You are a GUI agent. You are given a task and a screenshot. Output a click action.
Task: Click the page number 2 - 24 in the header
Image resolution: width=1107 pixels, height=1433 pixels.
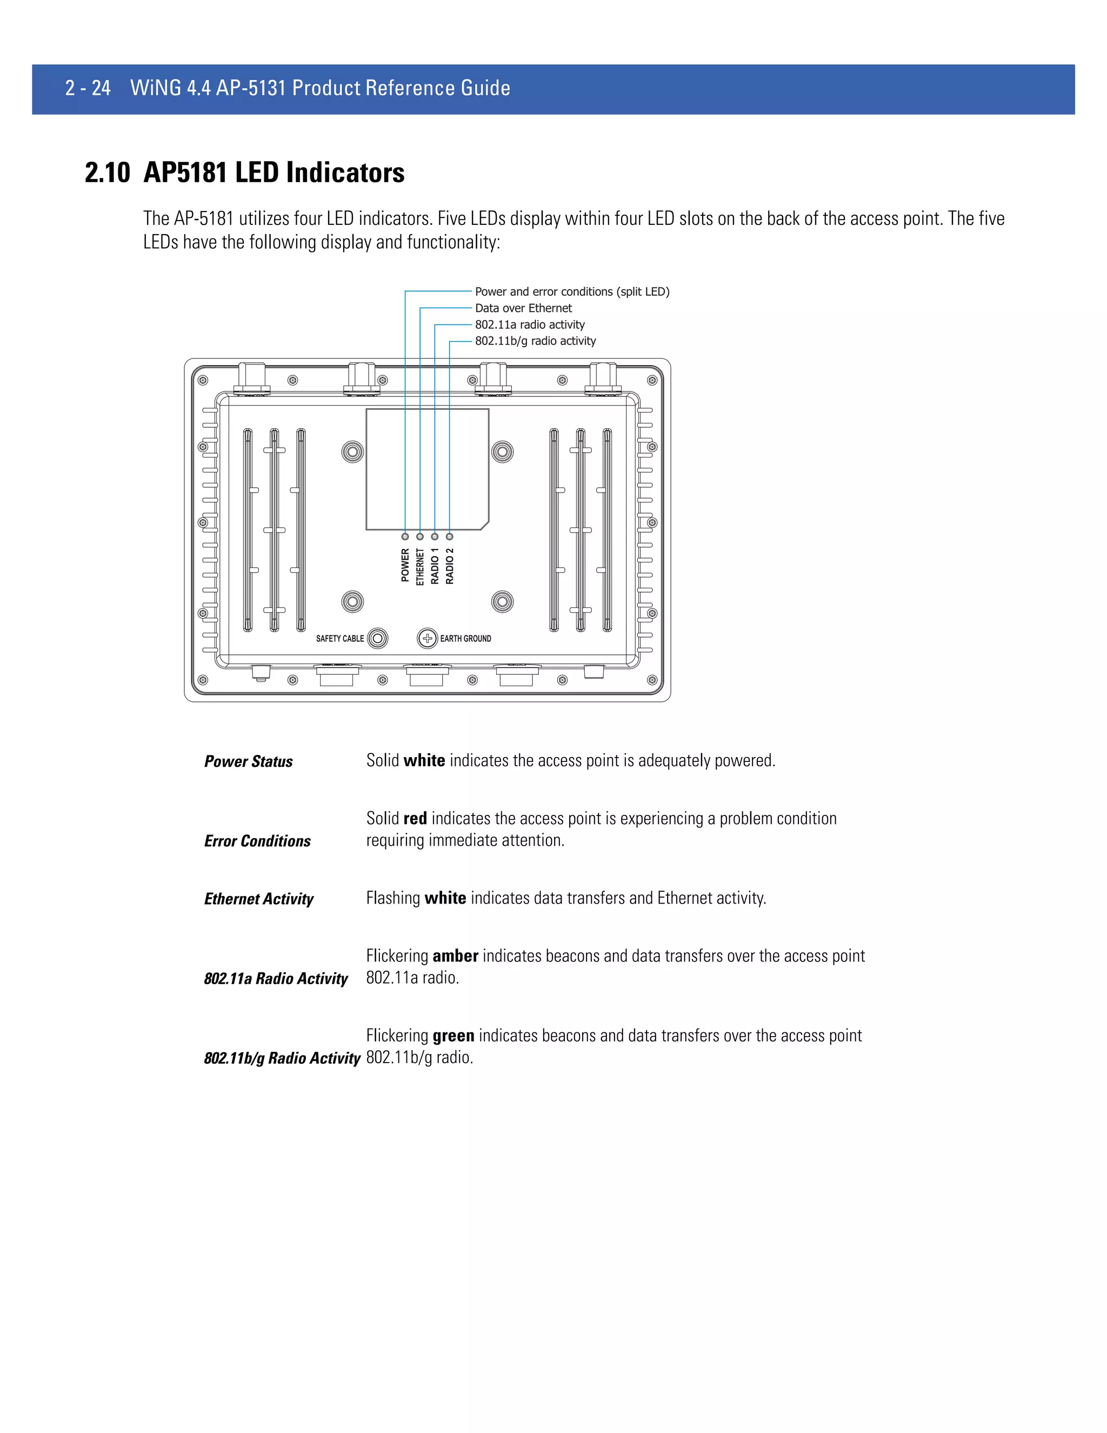pos(88,88)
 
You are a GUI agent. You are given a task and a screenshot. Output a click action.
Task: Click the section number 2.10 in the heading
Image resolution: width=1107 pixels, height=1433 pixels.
pos(108,173)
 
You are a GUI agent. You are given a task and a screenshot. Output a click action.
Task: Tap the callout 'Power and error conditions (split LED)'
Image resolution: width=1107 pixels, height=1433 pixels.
pos(572,291)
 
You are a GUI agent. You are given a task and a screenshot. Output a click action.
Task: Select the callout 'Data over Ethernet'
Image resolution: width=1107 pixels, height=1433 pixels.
pos(523,308)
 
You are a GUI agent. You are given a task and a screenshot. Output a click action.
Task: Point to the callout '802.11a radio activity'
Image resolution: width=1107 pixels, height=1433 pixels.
pos(529,324)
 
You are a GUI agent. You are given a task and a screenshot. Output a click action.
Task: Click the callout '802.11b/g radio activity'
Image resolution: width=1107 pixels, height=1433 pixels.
pos(535,341)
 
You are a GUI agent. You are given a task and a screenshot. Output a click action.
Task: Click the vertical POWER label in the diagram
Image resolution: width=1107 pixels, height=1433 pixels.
pos(405,565)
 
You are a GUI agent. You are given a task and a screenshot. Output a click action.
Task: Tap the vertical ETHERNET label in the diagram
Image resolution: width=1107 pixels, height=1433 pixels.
pos(421,567)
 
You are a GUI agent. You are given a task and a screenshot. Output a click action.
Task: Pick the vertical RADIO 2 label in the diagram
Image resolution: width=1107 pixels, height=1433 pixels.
pos(450,566)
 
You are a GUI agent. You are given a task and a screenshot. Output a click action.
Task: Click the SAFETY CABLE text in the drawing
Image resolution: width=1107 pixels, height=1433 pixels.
pos(339,639)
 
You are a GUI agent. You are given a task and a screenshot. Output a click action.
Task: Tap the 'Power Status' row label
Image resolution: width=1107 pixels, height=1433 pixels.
pos(248,761)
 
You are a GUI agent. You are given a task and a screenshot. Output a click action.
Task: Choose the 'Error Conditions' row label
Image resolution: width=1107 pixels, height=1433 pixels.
pos(257,841)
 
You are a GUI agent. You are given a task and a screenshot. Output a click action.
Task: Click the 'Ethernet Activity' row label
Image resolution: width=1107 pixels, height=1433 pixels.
pos(258,899)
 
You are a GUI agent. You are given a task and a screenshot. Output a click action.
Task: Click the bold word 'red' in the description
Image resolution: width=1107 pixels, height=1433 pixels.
pos(415,819)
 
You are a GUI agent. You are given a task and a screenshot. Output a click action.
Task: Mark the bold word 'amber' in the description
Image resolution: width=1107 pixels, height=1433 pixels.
pos(455,956)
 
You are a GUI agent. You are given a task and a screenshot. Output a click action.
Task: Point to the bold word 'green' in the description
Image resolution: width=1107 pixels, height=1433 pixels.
pos(453,1036)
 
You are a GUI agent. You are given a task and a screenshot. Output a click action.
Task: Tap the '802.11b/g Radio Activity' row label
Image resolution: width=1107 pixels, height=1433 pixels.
pos(282,1058)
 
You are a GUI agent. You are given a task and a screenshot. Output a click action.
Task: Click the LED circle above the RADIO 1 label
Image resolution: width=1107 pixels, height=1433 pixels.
pos(435,537)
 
